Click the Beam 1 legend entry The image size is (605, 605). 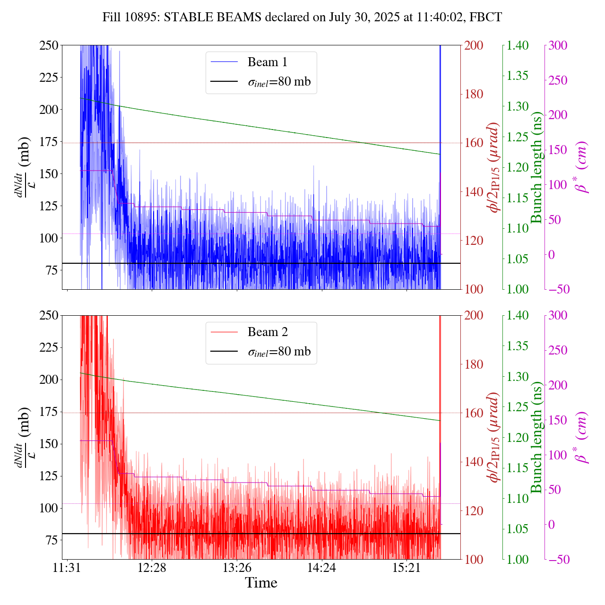click(x=267, y=62)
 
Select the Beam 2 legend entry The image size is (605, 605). click(x=267, y=332)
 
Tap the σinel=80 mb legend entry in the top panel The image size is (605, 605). click(x=279, y=82)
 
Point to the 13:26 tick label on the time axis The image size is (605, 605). click(x=236, y=567)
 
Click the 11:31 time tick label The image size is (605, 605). click(x=67, y=567)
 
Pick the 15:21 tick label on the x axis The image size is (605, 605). click(x=406, y=567)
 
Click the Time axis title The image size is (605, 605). click(x=261, y=583)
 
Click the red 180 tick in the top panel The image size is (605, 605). click(x=474, y=94)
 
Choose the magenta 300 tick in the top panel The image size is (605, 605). click(x=558, y=45)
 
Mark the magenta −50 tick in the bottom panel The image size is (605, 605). click(x=558, y=560)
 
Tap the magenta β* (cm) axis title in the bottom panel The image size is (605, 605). click(x=581, y=437)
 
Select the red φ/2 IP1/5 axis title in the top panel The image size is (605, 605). click(x=494, y=167)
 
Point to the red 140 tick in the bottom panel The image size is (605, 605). click(x=474, y=462)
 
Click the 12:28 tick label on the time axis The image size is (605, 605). click(x=152, y=567)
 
